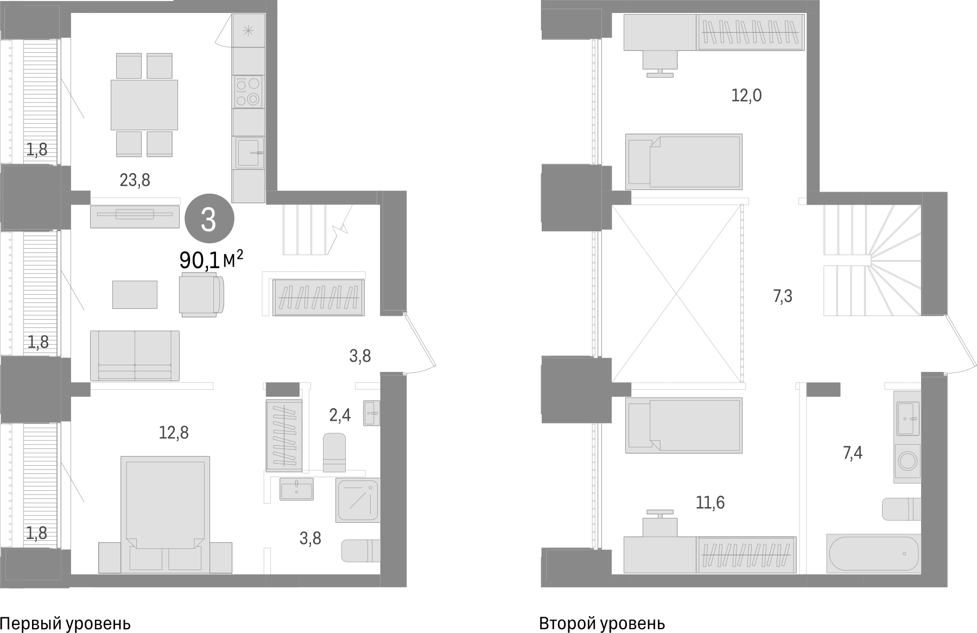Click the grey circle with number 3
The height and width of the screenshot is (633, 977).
(209, 220)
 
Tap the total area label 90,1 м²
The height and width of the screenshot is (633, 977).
(211, 261)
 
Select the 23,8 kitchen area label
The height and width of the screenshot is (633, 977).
(135, 180)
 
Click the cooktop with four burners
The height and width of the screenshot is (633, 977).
(248, 91)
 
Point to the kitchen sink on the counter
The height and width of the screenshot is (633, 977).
(248, 153)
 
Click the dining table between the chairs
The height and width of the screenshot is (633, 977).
(144, 105)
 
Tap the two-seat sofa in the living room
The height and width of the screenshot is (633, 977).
(135, 356)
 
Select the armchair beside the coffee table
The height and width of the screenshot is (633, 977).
(201, 294)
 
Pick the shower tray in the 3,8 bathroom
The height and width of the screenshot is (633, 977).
(357, 500)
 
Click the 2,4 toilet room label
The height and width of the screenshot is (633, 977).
(340, 416)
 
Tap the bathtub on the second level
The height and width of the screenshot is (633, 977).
(873, 553)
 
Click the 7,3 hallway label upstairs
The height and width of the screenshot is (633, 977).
(782, 296)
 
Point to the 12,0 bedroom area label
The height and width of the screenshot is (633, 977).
(746, 96)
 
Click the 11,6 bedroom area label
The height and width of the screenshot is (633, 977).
(710, 503)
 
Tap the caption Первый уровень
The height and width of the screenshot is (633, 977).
(65, 623)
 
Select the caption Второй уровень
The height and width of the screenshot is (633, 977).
(602, 623)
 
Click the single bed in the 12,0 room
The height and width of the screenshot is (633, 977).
(684, 161)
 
